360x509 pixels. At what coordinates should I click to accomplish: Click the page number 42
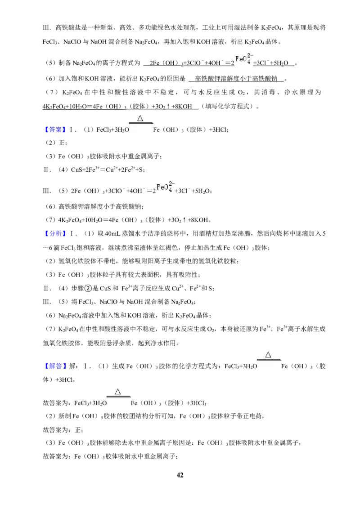[x=180, y=475]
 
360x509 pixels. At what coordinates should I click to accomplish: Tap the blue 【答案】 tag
[x=55, y=129]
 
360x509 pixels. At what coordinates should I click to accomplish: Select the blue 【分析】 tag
[x=55, y=233]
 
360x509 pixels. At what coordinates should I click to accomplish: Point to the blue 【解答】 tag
[x=55, y=366]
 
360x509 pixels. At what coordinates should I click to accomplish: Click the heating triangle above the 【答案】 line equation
[x=140, y=118]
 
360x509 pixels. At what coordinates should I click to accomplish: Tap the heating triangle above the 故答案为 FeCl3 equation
[x=118, y=392]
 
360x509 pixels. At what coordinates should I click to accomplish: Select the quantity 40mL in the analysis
[x=112, y=233]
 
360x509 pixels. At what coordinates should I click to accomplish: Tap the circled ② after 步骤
[x=88, y=288]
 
